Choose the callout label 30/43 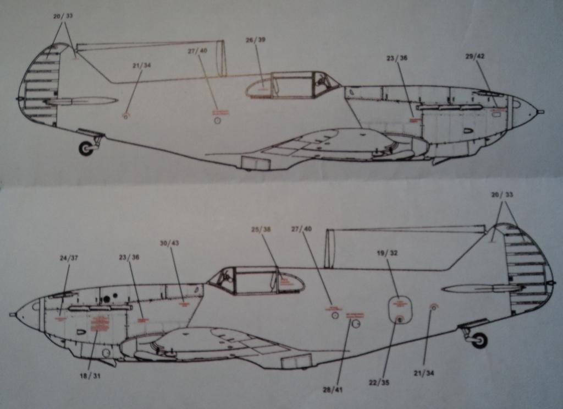tap(169, 243)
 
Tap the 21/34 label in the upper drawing tap(141, 65)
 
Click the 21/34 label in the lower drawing tap(423, 373)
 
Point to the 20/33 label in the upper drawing tap(63, 16)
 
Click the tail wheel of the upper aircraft tap(86, 148)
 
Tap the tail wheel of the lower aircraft tap(479, 340)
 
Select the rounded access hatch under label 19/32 tap(400, 310)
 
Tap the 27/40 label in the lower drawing tap(301, 228)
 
